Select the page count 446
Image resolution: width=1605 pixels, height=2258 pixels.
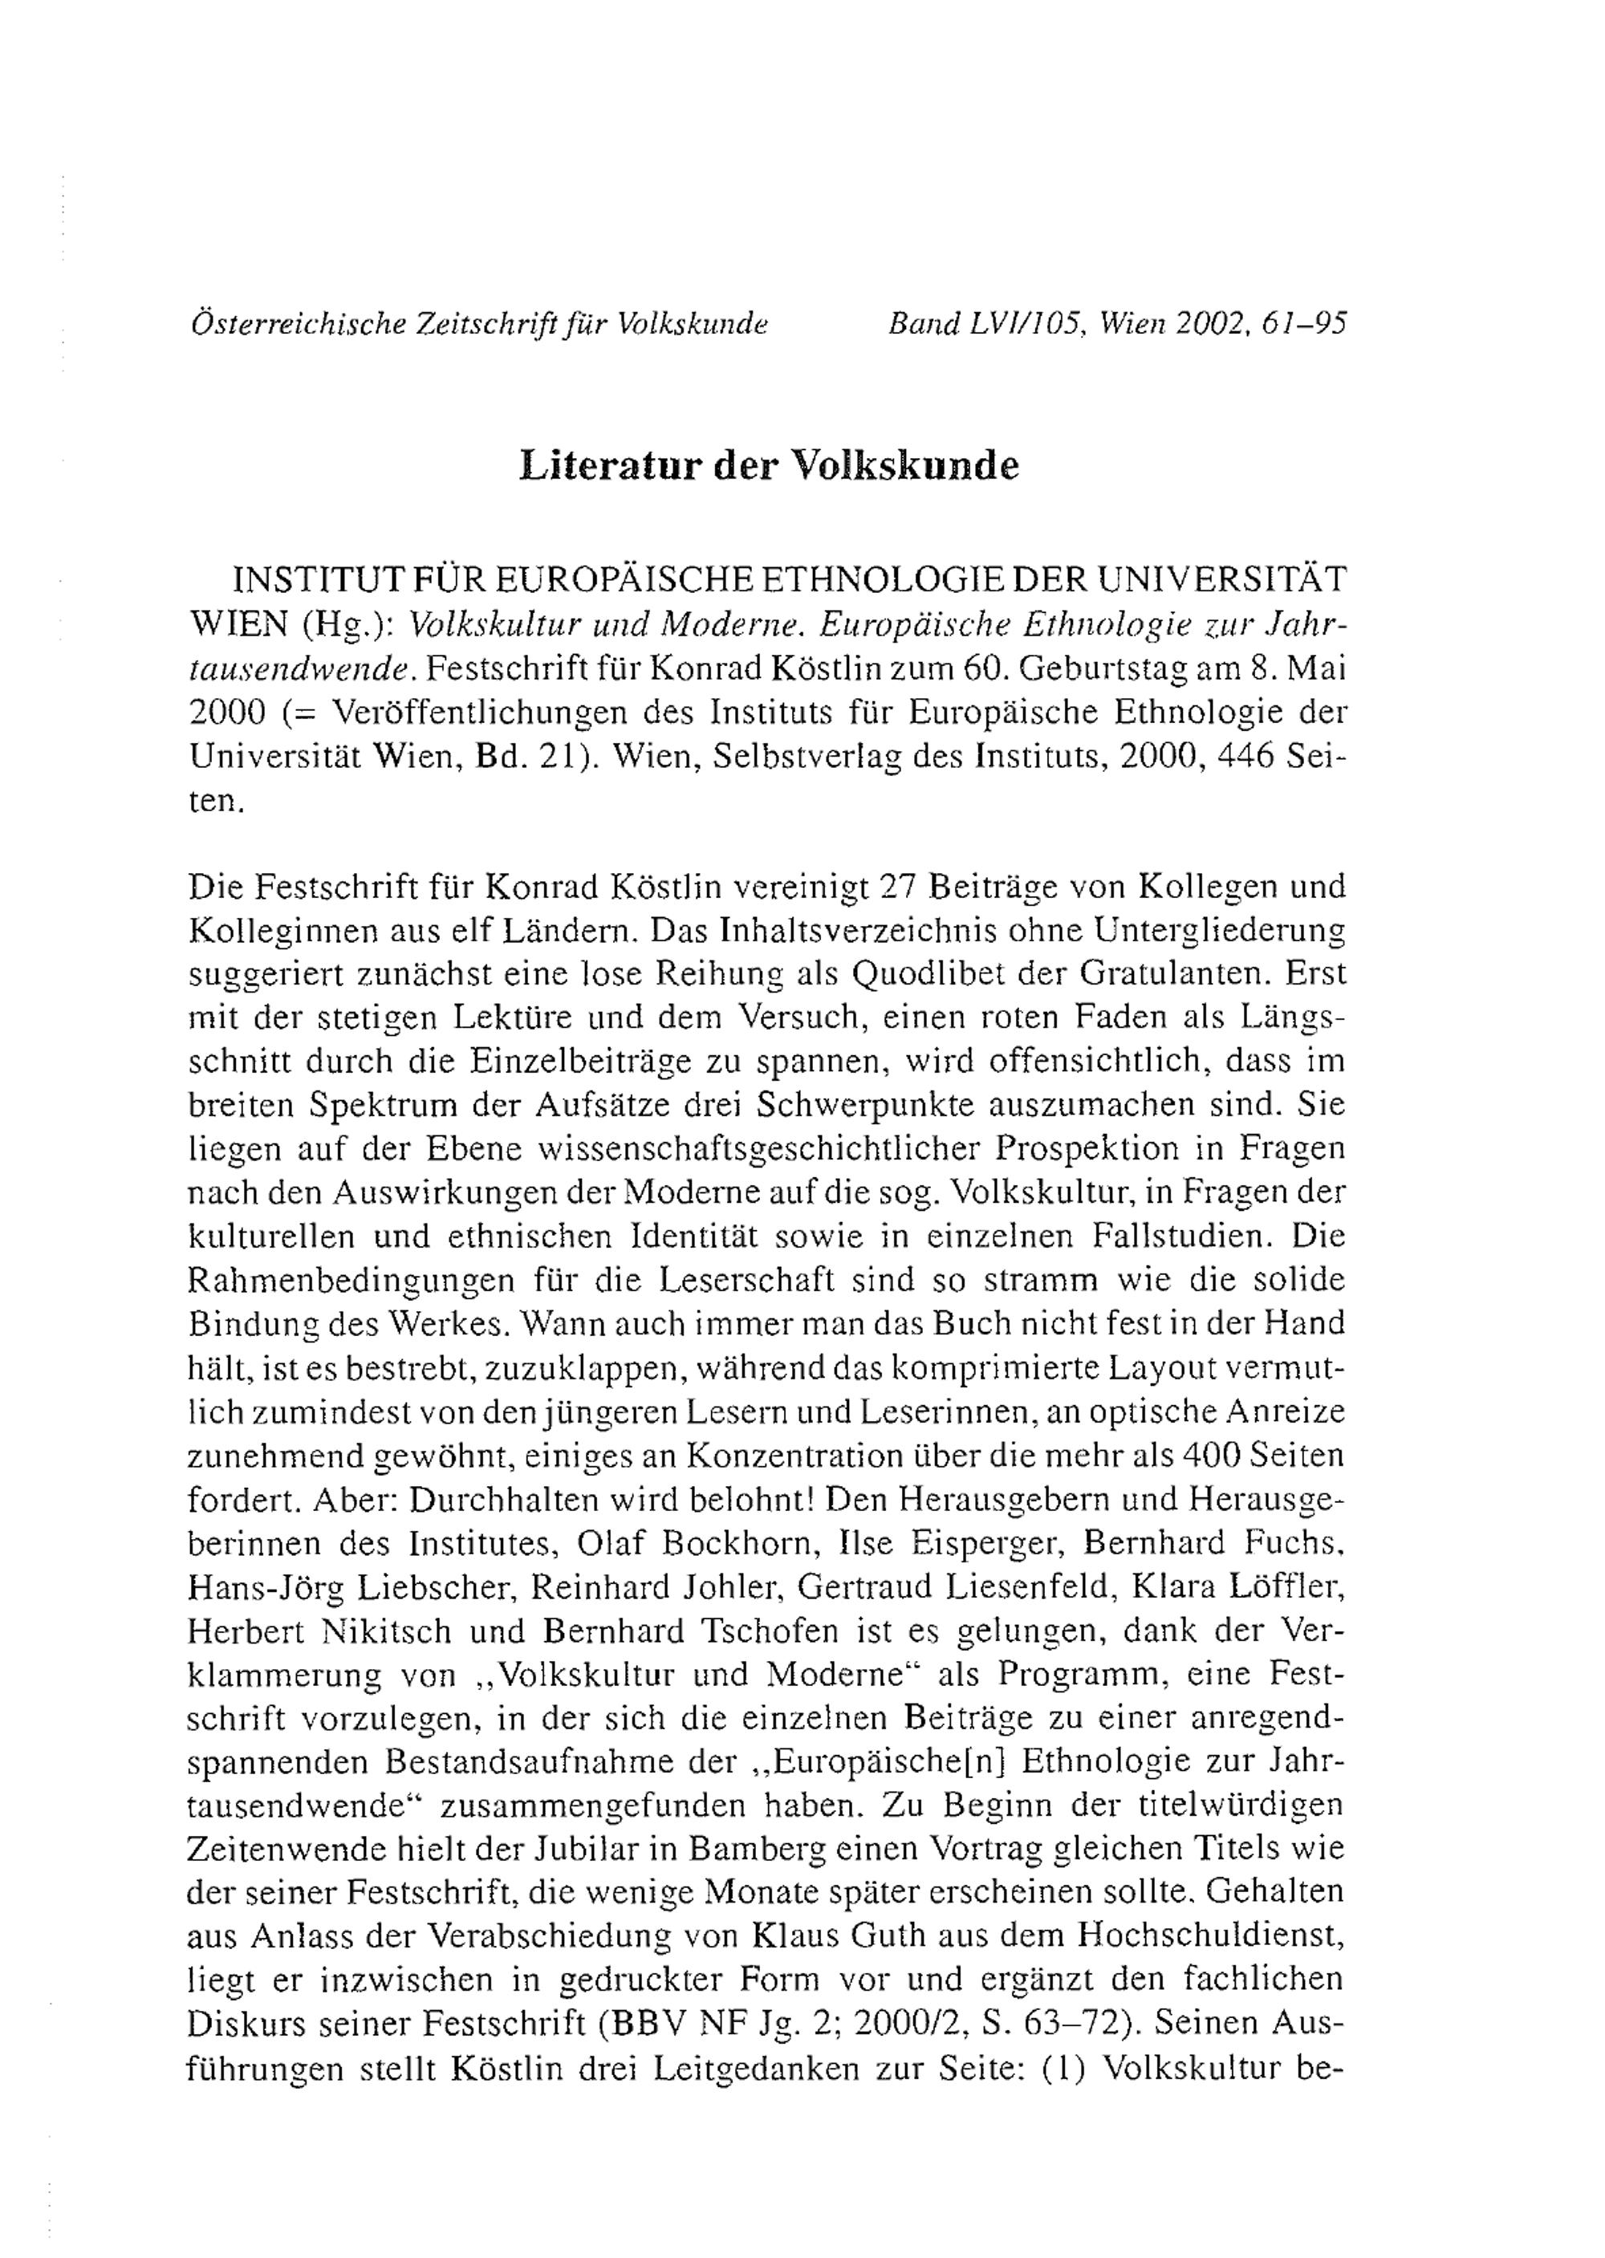point(1241,756)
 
